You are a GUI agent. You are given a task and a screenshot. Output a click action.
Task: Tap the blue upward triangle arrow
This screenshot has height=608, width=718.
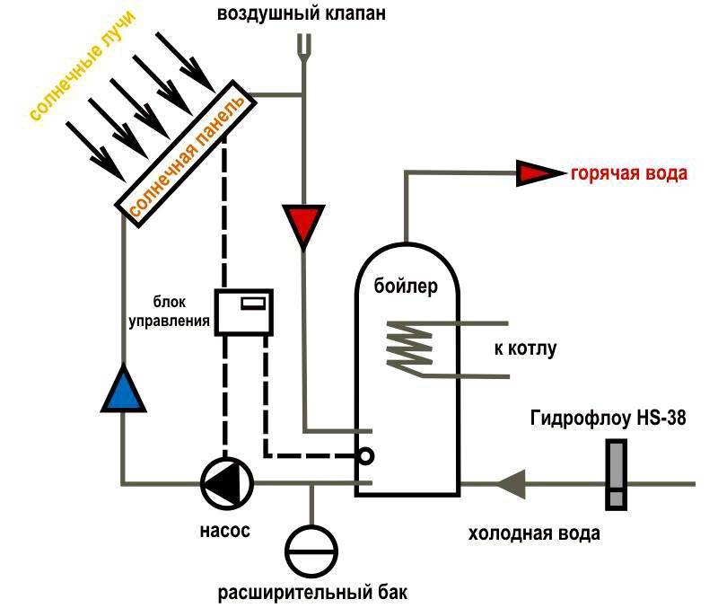tap(123, 389)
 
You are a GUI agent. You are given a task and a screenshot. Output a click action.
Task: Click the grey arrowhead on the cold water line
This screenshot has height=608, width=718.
tap(510, 483)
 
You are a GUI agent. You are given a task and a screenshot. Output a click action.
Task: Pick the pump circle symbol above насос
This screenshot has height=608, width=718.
tap(226, 483)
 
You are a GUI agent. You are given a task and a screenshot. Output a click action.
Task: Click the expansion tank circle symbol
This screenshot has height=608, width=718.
tap(311, 549)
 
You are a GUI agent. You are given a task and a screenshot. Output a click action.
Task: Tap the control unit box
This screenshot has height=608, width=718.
tap(243, 312)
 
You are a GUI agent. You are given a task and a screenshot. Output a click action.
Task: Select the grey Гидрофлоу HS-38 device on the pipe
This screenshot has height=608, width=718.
tap(617, 475)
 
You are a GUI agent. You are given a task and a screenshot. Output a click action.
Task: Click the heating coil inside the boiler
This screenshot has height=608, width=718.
tap(408, 345)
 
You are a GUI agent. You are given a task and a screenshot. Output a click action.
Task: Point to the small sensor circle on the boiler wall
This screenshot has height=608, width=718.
tap(365, 456)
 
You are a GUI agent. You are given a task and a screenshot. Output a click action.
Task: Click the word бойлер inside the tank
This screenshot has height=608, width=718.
tap(407, 287)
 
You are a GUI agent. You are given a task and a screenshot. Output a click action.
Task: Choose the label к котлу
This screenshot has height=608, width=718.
tap(526, 348)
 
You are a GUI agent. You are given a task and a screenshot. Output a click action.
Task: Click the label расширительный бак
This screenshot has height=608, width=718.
tap(313, 593)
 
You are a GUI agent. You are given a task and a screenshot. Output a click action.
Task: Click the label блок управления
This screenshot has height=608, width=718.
tap(179, 311)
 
